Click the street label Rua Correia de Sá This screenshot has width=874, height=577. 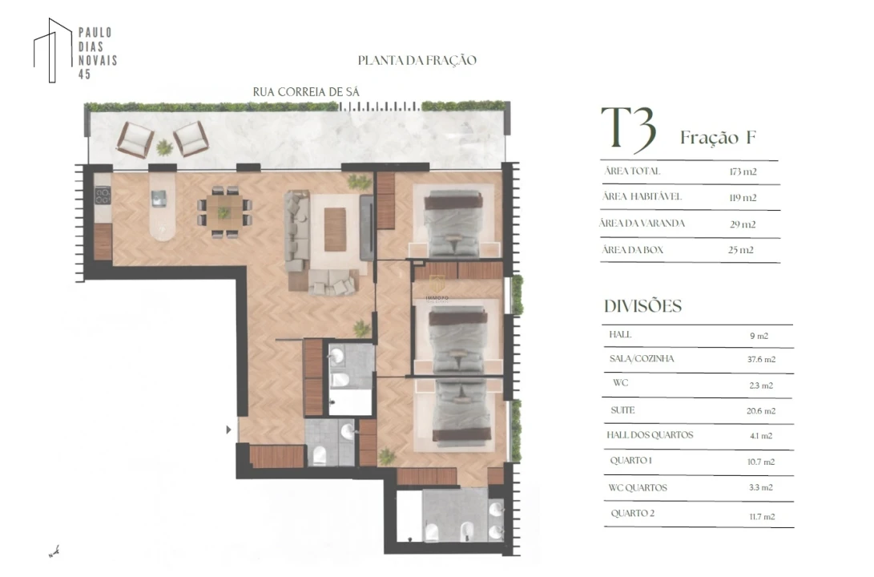click(306, 92)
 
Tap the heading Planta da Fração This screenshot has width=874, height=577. click(417, 60)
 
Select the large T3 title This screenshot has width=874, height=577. click(628, 129)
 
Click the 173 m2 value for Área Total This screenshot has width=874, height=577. click(743, 171)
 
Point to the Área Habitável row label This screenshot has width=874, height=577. click(642, 197)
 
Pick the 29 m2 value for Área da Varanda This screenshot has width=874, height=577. click(743, 224)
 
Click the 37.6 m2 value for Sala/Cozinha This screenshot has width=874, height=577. click(761, 360)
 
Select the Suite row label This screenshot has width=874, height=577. click(622, 410)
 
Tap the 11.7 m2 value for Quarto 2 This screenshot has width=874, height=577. click(762, 517)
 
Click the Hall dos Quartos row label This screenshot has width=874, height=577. click(650, 435)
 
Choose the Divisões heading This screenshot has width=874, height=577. click(643, 306)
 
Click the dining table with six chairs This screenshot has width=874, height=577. click(224, 212)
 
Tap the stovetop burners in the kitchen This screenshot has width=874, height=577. click(103, 196)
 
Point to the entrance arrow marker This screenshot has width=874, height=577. click(228, 430)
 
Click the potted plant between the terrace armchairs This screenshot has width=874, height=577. click(164, 147)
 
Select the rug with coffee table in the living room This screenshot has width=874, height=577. click(334, 229)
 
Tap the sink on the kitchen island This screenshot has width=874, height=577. click(159, 198)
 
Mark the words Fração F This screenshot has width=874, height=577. click(718, 138)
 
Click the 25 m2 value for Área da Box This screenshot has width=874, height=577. click(741, 250)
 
